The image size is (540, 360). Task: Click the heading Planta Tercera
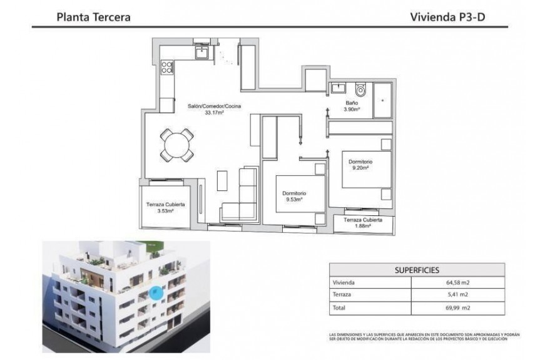pyautogui.click(x=93, y=18)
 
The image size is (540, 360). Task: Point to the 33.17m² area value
pyautogui.click(x=215, y=113)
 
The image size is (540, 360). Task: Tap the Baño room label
pyautogui.click(x=352, y=102)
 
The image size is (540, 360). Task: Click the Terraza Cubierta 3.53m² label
pyautogui.click(x=165, y=208)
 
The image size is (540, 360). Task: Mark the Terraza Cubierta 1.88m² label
pyautogui.click(x=364, y=224)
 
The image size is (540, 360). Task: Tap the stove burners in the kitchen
pyautogui.click(x=167, y=66)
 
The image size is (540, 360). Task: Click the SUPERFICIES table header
pyautogui.click(x=416, y=270)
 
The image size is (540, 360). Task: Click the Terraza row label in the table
pyautogui.click(x=345, y=296)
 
